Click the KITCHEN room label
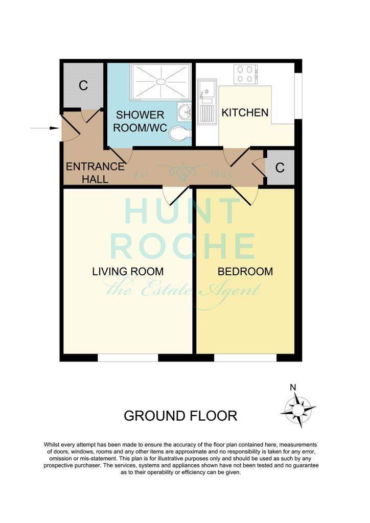click(245, 112)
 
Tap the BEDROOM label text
click(245, 271)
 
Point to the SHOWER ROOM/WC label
click(140, 122)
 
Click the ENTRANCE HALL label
click(95, 173)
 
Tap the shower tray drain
click(161, 81)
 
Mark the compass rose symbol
click(297, 410)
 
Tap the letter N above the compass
click(293, 387)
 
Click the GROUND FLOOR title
click(180, 416)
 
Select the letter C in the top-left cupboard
click(83, 85)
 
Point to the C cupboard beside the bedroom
click(280, 168)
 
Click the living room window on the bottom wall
click(128, 358)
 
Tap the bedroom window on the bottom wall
click(245, 358)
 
